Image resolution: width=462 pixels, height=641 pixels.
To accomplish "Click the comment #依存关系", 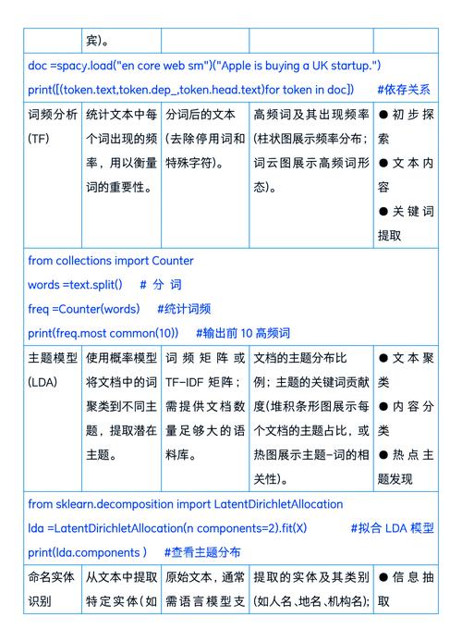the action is pyautogui.click(x=403, y=90).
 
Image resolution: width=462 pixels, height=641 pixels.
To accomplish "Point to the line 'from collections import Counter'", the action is pyautogui.click(x=111, y=261).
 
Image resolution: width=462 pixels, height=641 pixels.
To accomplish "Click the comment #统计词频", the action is pyautogui.click(x=184, y=309).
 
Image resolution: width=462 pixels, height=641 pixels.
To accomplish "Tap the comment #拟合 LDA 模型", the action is pyautogui.click(x=392, y=528).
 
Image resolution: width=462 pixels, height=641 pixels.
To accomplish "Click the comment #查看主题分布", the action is pyautogui.click(x=202, y=552).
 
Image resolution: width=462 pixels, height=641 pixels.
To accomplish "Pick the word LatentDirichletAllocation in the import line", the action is pyautogui.click(x=278, y=504).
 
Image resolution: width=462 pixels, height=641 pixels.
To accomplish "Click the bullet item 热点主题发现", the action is pyautogui.click(x=405, y=466).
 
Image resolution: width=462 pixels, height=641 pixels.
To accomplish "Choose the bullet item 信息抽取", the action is pyautogui.click(x=405, y=588).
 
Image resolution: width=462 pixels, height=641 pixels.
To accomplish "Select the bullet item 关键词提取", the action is pyautogui.click(x=405, y=223).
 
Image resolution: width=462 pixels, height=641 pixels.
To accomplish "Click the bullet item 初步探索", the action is pyautogui.click(x=405, y=127).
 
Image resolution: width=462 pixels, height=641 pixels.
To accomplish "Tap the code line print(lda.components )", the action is pyautogui.click(x=88, y=552).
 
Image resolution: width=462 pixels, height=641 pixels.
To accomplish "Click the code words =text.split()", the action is pyautogui.click(x=75, y=285).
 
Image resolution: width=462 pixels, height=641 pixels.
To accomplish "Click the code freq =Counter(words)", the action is pyautogui.click(x=84, y=309).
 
